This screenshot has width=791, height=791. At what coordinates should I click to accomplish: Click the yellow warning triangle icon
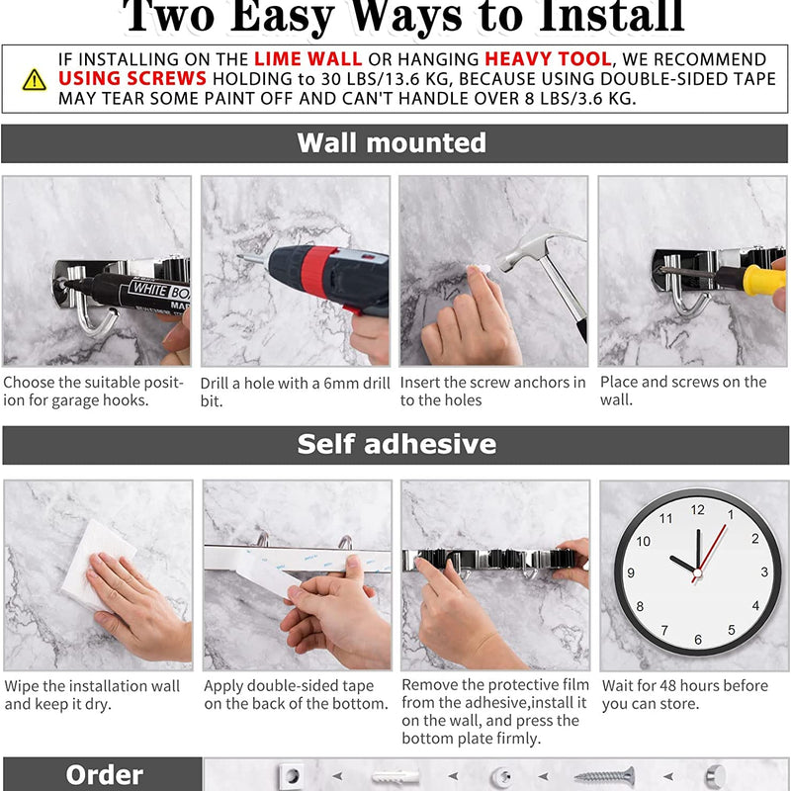pyautogui.click(x=35, y=79)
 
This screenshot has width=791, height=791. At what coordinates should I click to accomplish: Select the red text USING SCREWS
pyautogui.click(x=132, y=79)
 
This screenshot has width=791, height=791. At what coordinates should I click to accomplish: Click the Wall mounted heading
pyautogui.click(x=392, y=143)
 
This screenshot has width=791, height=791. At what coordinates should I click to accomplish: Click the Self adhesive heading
pyautogui.click(x=396, y=445)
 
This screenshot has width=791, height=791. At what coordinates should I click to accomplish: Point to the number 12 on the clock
pyautogui.click(x=697, y=510)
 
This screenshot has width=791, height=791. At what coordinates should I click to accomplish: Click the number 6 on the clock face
pyautogui.click(x=697, y=640)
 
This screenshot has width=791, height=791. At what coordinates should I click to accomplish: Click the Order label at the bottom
pyautogui.click(x=104, y=775)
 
